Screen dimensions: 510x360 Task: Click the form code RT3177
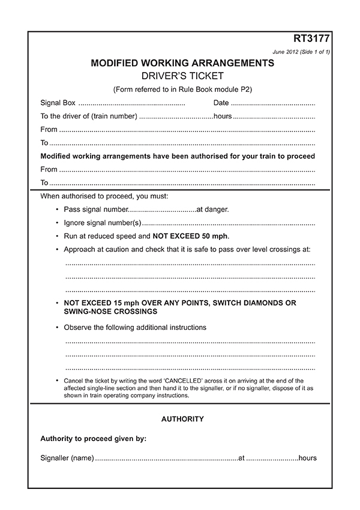[311, 40]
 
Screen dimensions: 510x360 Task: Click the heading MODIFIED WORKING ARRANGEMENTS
[182, 63]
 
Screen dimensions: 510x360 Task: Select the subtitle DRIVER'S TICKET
[182, 76]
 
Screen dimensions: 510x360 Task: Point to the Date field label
[221, 103]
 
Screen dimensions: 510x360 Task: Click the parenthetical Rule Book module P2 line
[182, 89]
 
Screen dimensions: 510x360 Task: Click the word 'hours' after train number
[223, 116]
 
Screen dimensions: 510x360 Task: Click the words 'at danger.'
[213, 209]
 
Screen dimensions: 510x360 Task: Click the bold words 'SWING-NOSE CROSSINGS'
[110, 312]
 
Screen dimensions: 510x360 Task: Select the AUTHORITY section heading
[182, 419]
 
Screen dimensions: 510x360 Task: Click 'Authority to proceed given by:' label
[93, 439]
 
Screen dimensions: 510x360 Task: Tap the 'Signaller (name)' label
[67, 458]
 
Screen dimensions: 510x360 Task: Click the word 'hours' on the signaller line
[308, 458]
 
